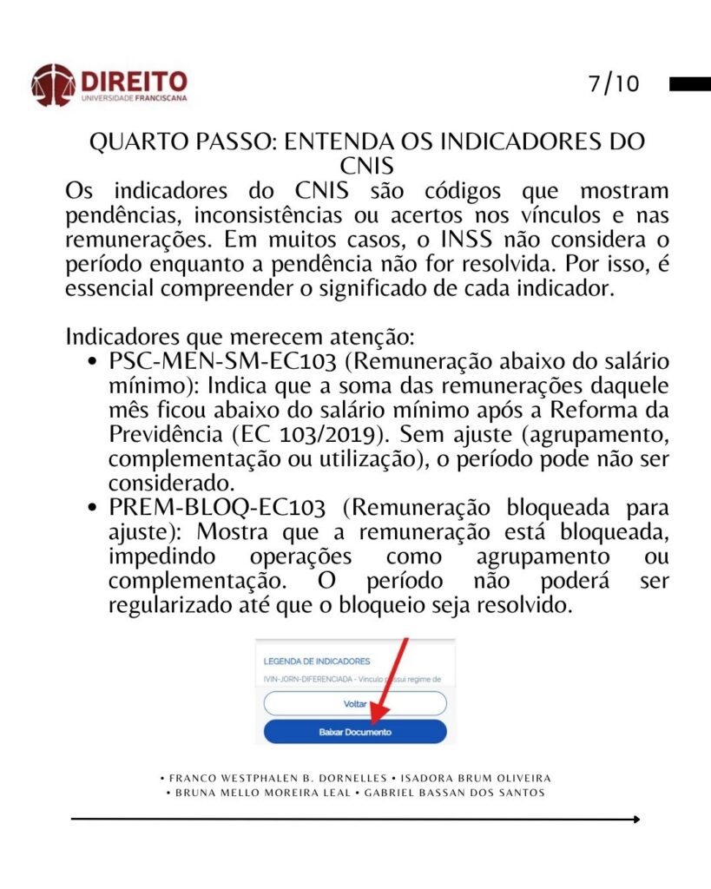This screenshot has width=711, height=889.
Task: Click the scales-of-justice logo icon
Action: (52, 84)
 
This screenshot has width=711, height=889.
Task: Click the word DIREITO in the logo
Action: (134, 81)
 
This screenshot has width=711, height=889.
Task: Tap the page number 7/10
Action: (613, 84)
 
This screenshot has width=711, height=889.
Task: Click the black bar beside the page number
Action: (690, 84)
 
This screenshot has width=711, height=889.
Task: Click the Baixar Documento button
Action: (355, 732)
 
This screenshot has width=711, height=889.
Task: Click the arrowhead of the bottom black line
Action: (636, 819)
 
